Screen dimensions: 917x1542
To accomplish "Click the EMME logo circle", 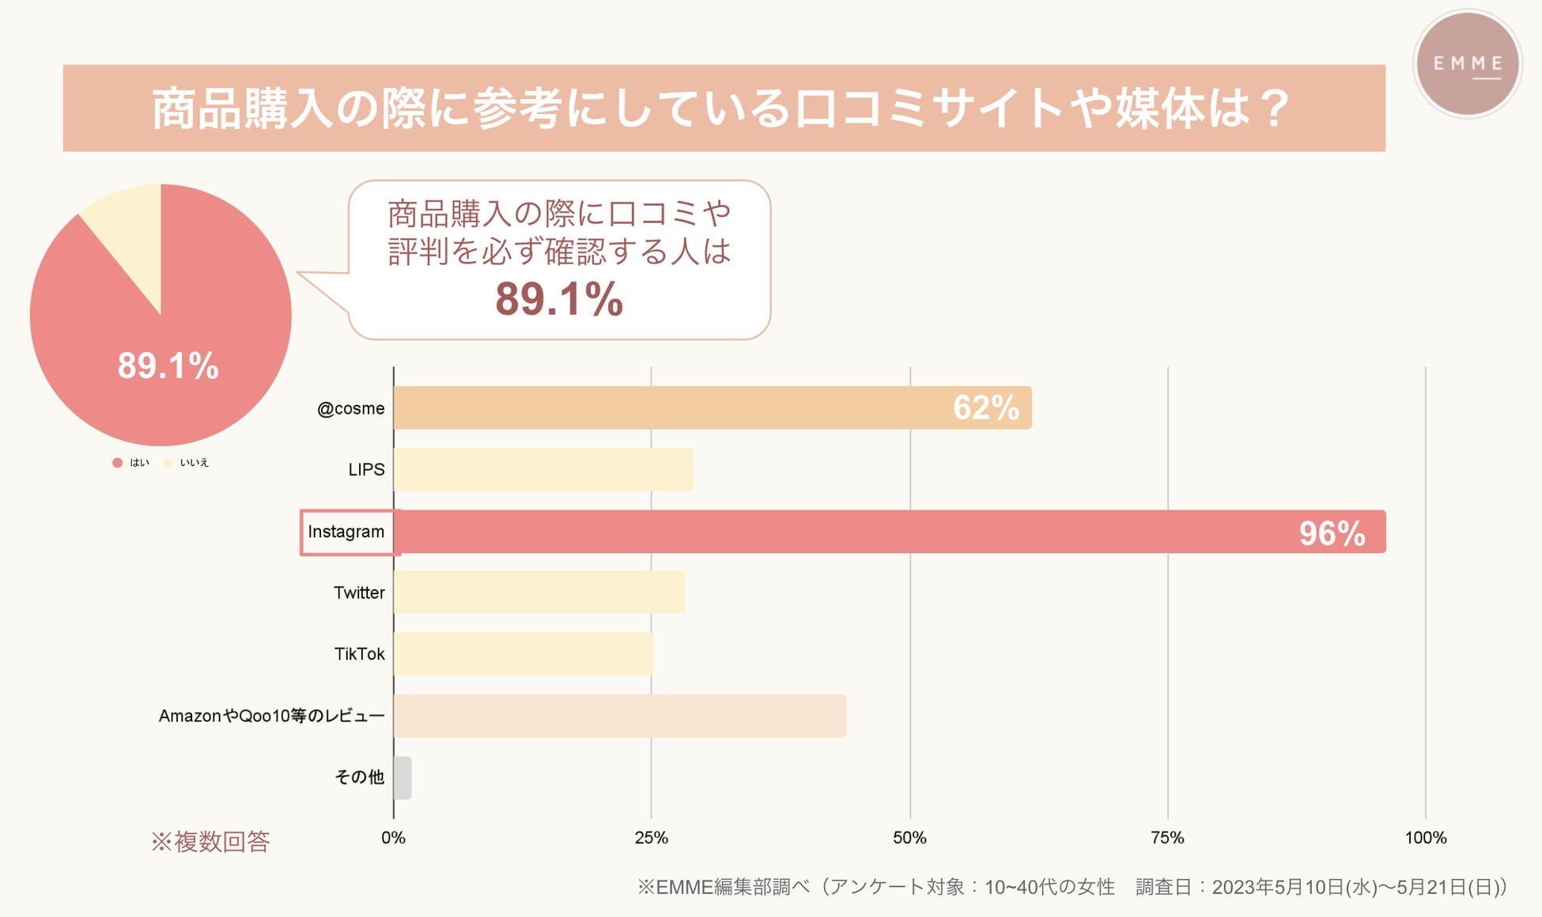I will click(x=1467, y=64).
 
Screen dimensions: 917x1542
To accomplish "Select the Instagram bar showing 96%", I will click(x=870, y=532).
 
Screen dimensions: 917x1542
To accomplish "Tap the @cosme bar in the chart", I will click(x=672, y=408).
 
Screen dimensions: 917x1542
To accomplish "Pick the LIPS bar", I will click(x=543, y=470).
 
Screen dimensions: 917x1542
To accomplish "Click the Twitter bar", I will click(x=539, y=593).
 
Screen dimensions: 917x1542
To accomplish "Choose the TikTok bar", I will click(x=523, y=654).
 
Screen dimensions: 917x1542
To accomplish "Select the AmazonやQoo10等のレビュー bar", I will click(x=619, y=716).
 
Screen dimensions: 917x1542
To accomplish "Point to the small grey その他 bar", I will click(x=403, y=778).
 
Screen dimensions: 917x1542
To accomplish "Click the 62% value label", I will click(x=985, y=408).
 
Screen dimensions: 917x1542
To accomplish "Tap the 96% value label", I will click(x=1332, y=533).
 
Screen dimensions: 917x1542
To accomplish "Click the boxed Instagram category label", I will click(x=346, y=532).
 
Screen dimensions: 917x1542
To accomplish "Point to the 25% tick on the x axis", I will click(x=651, y=838).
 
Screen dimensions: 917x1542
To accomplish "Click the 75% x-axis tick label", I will click(x=1167, y=838).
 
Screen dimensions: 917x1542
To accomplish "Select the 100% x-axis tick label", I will click(x=1425, y=838).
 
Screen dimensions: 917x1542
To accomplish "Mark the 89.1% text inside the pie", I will click(x=168, y=366).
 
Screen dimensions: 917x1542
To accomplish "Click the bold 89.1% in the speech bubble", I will click(x=559, y=300).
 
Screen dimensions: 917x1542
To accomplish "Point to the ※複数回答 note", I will click(x=210, y=842).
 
